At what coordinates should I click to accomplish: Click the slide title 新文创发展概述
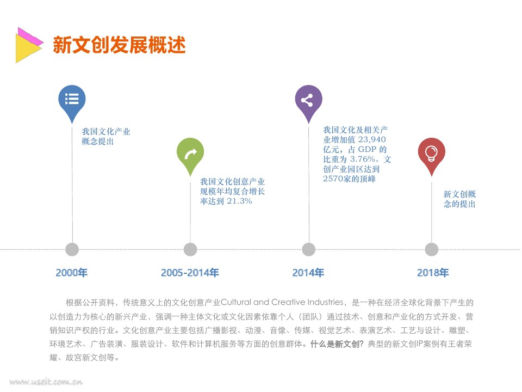click(119, 45)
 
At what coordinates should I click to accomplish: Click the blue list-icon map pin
click(72, 101)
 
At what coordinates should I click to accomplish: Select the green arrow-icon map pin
click(190, 154)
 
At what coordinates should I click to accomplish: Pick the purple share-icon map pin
click(308, 101)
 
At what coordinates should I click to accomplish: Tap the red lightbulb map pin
click(431, 154)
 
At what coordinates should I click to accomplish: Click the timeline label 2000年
click(72, 273)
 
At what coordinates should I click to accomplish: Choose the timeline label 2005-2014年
click(190, 273)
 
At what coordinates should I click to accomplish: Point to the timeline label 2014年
click(308, 273)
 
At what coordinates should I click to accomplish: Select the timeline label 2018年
click(433, 273)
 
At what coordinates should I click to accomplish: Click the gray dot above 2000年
click(72, 249)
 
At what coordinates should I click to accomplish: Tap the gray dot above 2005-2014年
click(190, 249)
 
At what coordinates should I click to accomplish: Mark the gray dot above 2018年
click(431, 249)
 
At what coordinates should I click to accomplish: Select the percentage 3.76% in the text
click(363, 160)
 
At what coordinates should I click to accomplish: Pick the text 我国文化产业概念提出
click(105, 136)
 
